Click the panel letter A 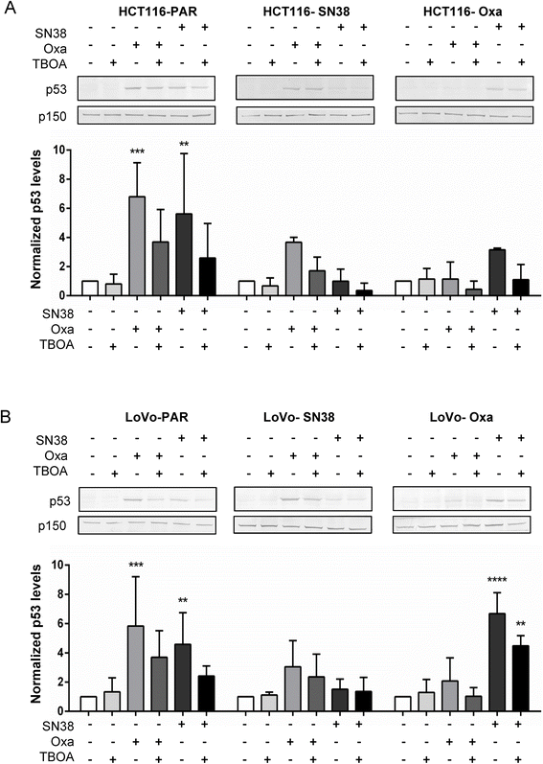[9, 9]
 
